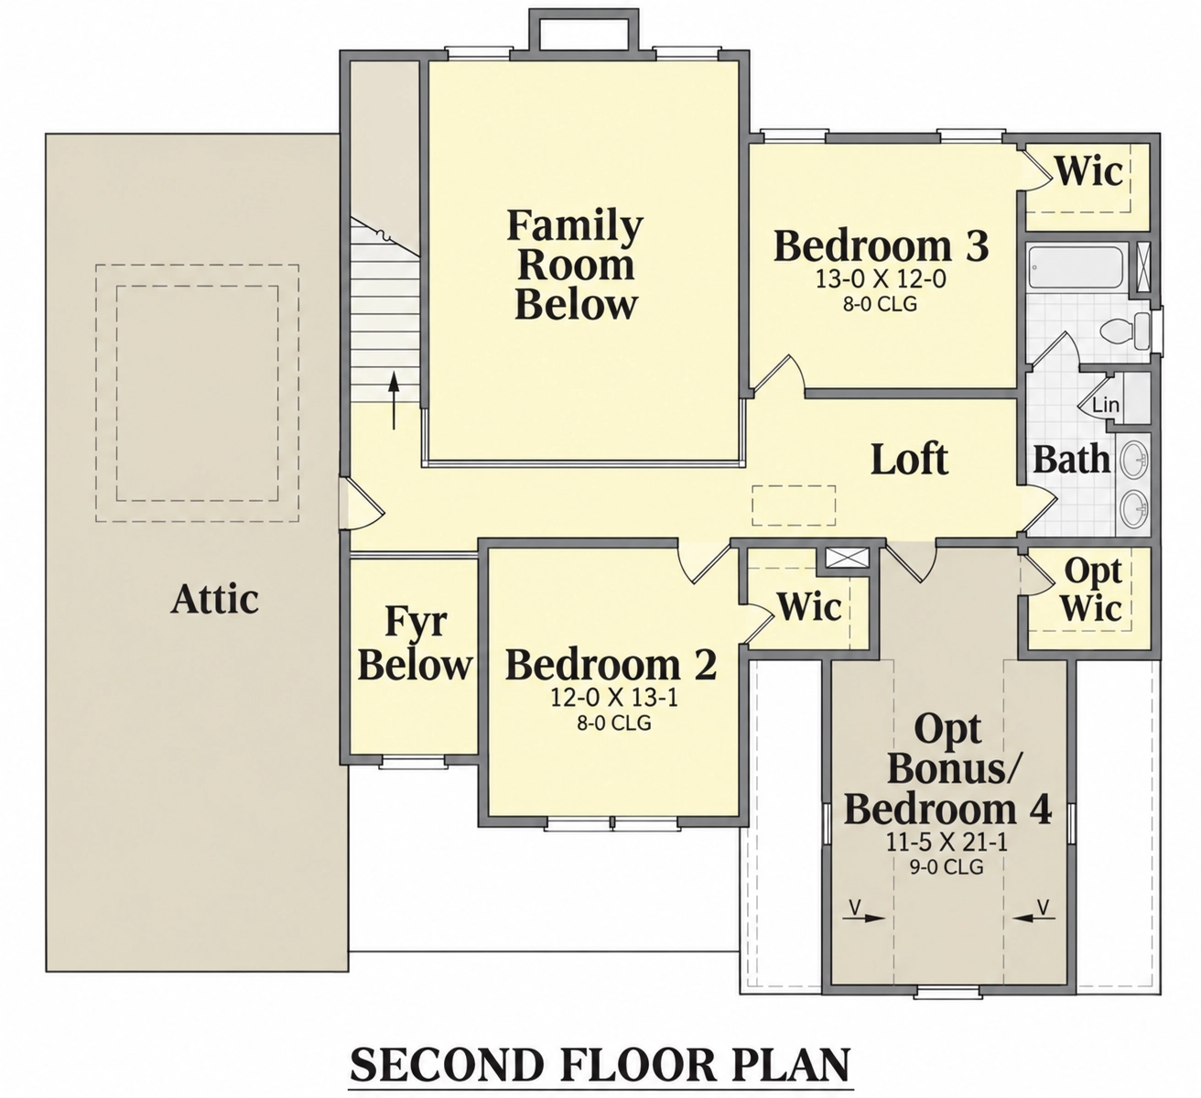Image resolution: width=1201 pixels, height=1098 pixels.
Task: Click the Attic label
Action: (214, 598)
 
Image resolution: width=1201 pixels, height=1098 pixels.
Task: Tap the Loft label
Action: (909, 460)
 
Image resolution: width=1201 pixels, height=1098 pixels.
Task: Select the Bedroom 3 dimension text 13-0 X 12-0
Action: (881, 279)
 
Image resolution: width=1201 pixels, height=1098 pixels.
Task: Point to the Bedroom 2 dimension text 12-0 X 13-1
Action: (613, 698)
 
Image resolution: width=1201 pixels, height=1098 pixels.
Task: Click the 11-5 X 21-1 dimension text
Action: (947, 843)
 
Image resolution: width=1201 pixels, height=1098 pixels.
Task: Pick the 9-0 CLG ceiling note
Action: (947, 867)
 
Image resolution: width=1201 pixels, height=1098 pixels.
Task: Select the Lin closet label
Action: (1106, 405)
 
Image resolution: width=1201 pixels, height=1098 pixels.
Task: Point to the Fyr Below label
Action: (415, 643)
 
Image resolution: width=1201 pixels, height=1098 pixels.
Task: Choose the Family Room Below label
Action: (576, 264)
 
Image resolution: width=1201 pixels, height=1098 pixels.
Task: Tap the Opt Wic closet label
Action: (1091, 591)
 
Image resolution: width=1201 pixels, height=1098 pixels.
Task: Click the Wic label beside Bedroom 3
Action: (1088, 171)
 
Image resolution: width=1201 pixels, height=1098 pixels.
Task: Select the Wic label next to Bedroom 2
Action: (809, 606)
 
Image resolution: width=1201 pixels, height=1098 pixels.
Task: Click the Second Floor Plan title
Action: (600, 1064)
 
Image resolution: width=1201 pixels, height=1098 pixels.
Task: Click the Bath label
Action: (1071, 460)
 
